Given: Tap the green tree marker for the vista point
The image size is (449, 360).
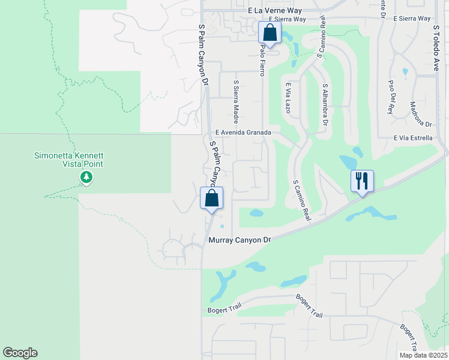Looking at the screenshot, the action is (x=86, y=177).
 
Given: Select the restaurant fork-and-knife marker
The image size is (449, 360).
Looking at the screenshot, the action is (x=362, y=181).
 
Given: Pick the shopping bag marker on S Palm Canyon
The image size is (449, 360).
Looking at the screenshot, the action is (x=211, y=198).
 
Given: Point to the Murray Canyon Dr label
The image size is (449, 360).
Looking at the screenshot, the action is (x=240, y=239).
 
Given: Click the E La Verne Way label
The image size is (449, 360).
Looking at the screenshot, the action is (x=276, y=11).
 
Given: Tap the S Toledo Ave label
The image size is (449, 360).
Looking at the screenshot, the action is (x=436, y=48).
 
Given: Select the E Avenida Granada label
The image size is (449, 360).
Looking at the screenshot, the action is (x=244, y=133).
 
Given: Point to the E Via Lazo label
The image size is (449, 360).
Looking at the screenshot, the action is (x=288, y=98).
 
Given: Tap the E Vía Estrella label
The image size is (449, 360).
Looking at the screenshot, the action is (x=413, y=138).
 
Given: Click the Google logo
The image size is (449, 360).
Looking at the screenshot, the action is (x=20, y=353).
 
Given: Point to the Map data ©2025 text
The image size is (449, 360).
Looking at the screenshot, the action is (x=423, y=355).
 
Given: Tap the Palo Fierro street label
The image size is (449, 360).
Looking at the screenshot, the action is (x=262, y=62).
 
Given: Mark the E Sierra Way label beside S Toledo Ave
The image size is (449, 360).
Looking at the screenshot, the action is (x=412, y=19).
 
